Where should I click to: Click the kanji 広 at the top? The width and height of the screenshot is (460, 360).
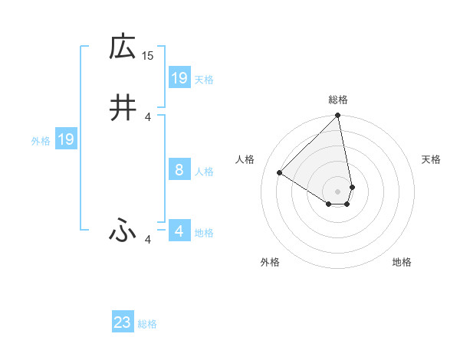coord(122,47)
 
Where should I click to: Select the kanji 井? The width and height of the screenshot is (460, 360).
coord(122,108)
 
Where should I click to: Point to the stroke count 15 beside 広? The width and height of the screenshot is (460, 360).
coord(148,55)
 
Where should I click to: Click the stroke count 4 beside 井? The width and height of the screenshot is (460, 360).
coord(148,116)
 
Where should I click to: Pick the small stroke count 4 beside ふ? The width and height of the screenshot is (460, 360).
coord(148,240)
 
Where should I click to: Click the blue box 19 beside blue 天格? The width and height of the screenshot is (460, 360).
coord(179,78)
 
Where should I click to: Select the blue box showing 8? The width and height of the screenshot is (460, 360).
coord(179,170)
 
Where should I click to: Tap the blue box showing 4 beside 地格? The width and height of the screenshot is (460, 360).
coord(179,231)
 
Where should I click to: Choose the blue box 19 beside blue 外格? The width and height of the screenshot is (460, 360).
coord(66,139)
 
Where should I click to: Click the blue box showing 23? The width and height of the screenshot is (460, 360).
coord(123,322)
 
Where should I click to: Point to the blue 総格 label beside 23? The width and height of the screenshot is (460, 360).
coord(148,324)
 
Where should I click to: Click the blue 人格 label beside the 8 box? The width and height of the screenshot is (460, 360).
coord(204,172)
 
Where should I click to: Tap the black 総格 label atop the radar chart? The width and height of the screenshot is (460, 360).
coord(338,100)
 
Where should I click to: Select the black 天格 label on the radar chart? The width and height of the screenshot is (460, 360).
coord(432,159)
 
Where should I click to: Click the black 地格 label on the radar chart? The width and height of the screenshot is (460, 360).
coord(402,262)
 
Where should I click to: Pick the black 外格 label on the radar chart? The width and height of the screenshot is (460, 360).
coord(270,262)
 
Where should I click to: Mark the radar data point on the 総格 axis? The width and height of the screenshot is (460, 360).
coord(338,116)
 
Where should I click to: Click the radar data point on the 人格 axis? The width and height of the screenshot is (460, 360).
coord(280,172)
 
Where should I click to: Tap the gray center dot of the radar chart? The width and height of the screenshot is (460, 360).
coord(338,191)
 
